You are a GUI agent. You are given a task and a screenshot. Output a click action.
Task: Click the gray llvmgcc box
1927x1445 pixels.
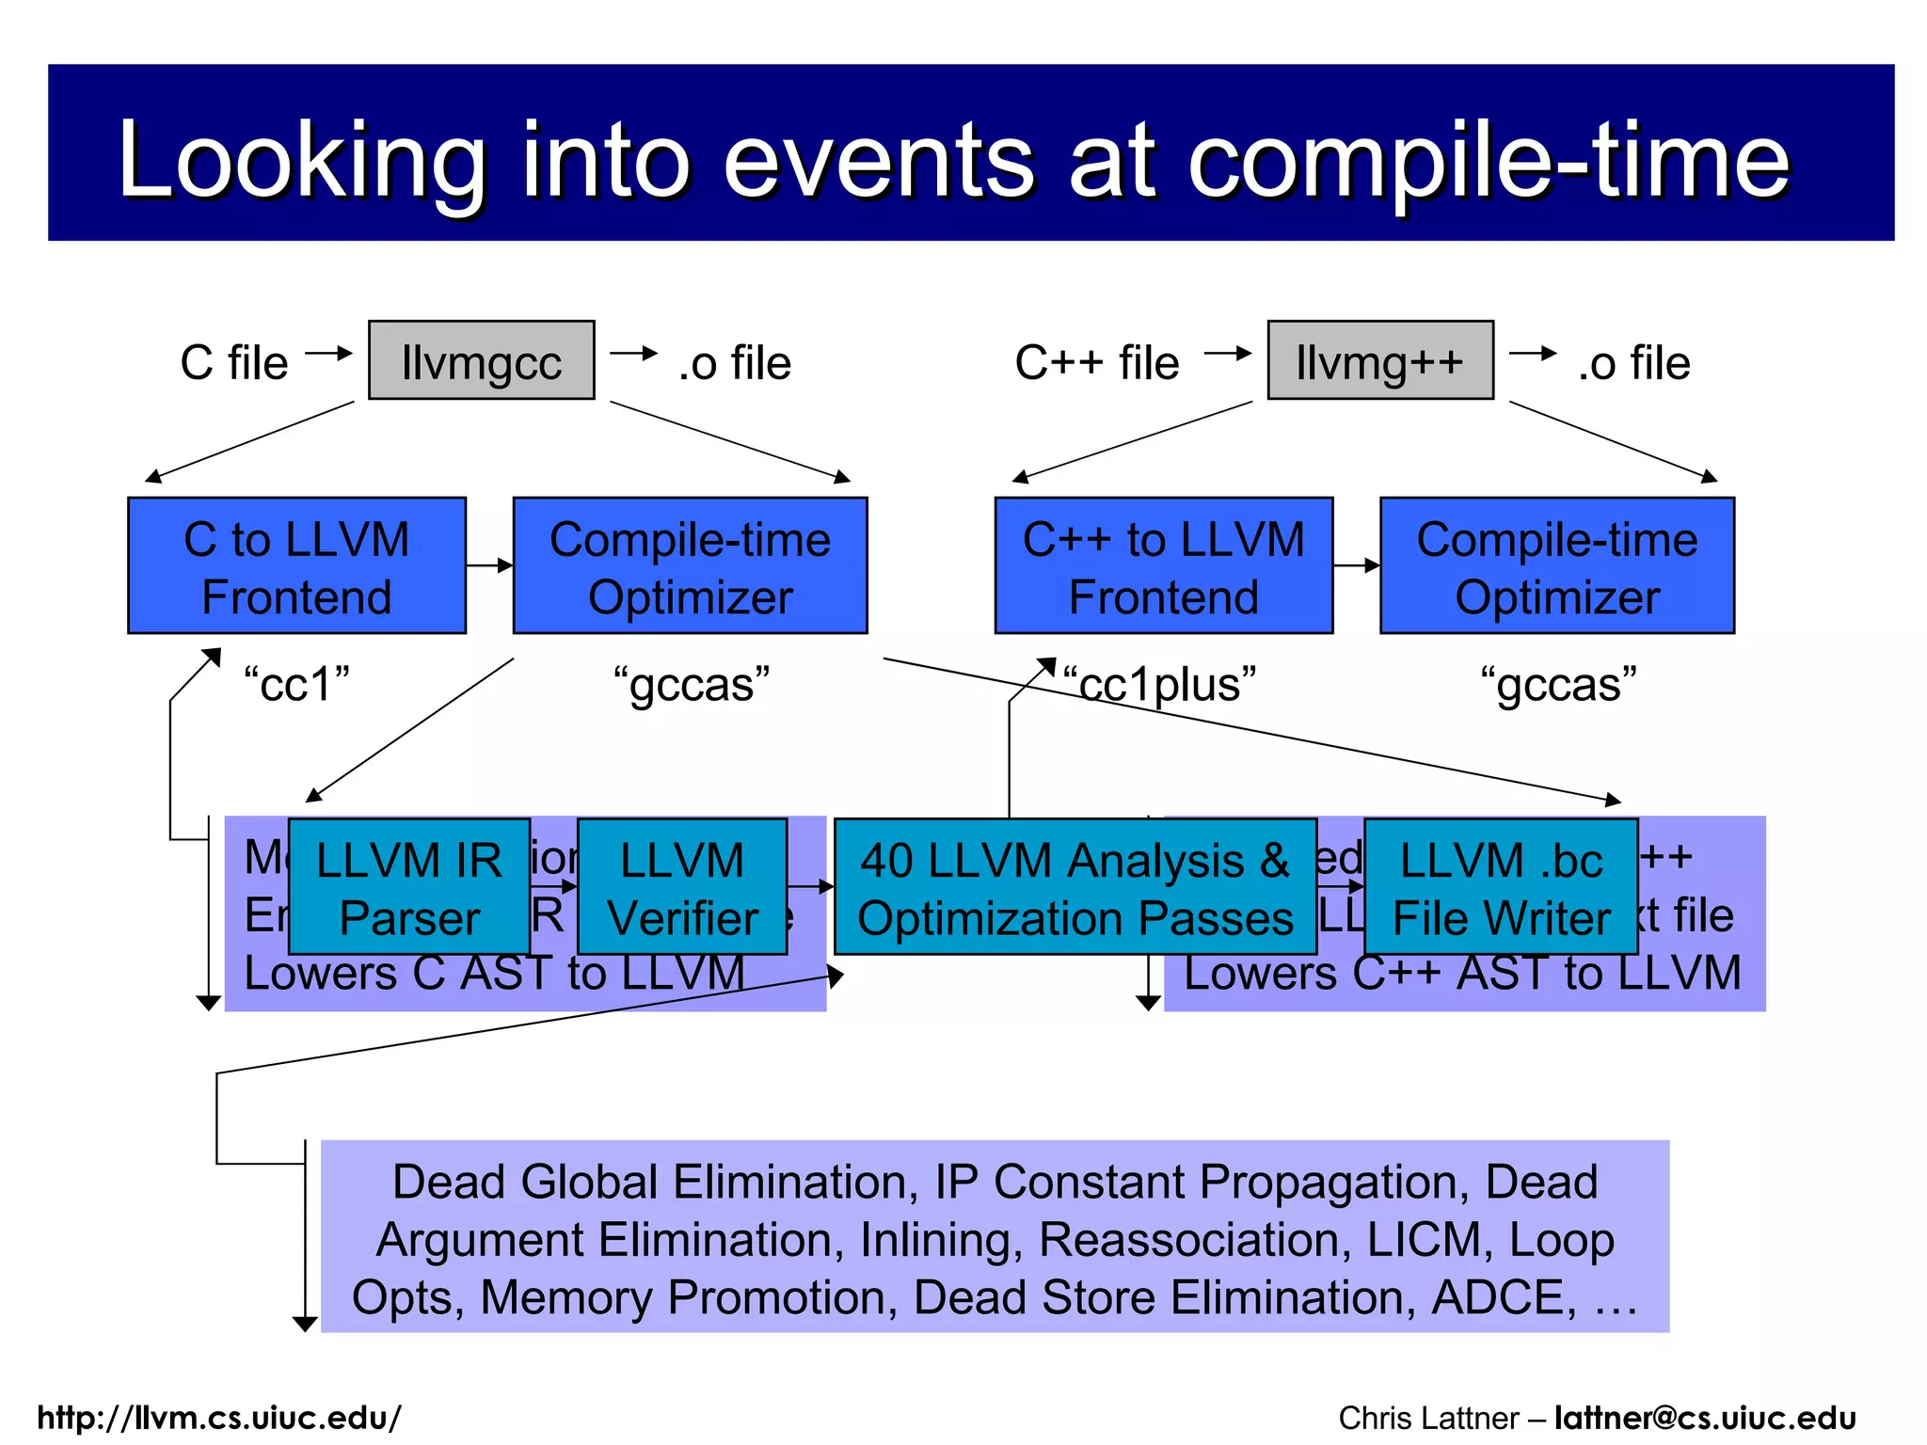tap(481, 360)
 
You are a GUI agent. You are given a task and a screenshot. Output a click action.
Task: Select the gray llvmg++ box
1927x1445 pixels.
tap(1379, 360)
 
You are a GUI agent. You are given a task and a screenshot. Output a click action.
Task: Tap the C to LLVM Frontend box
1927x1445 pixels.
tap(296, 566)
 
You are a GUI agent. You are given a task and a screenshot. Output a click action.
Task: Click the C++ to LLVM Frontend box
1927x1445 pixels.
tap(1163, 566)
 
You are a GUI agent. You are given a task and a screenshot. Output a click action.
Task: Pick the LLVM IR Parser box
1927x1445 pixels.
tap(408, 887)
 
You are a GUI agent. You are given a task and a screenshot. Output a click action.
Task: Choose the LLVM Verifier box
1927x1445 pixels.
tap(681, 887)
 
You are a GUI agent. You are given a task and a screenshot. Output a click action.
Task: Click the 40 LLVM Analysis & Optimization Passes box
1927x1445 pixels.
tap(1075, 887)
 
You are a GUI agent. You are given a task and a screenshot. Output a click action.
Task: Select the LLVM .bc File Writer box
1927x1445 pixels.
tap(1501, 887)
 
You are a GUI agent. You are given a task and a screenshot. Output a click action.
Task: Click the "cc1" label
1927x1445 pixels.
tap(296, 684)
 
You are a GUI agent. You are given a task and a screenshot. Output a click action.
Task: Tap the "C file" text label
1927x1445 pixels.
tap(233, 363)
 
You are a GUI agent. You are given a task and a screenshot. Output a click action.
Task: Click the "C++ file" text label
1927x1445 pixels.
tap(1096, 363)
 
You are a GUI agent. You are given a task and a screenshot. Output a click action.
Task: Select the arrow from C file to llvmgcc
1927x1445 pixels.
tap(328, 354)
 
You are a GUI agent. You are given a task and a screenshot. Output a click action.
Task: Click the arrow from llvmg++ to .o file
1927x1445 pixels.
tap(1533, 354)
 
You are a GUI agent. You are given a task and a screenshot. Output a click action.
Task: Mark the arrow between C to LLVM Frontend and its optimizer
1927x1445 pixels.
tap(489, 565)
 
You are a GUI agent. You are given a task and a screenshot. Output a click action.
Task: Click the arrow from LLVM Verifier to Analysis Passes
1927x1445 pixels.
tap(810, 886)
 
